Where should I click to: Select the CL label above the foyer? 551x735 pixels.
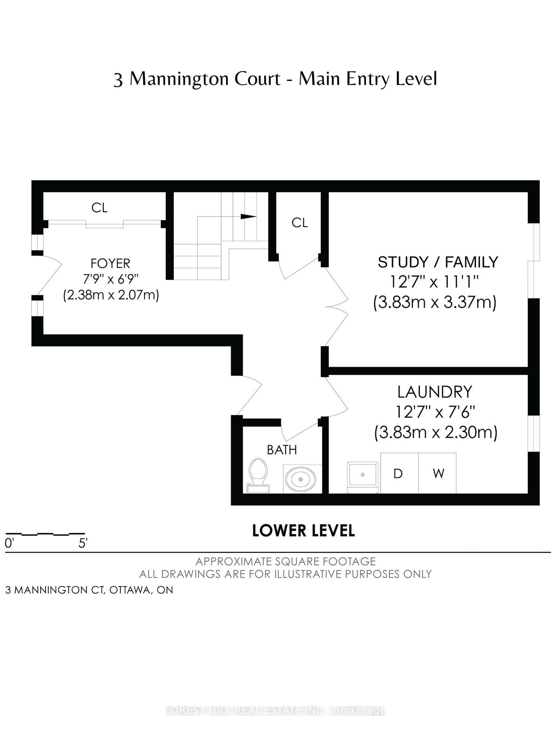(99, 208)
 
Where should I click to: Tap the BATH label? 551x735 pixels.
(282, 450)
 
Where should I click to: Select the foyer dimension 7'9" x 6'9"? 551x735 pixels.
(110, 279)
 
